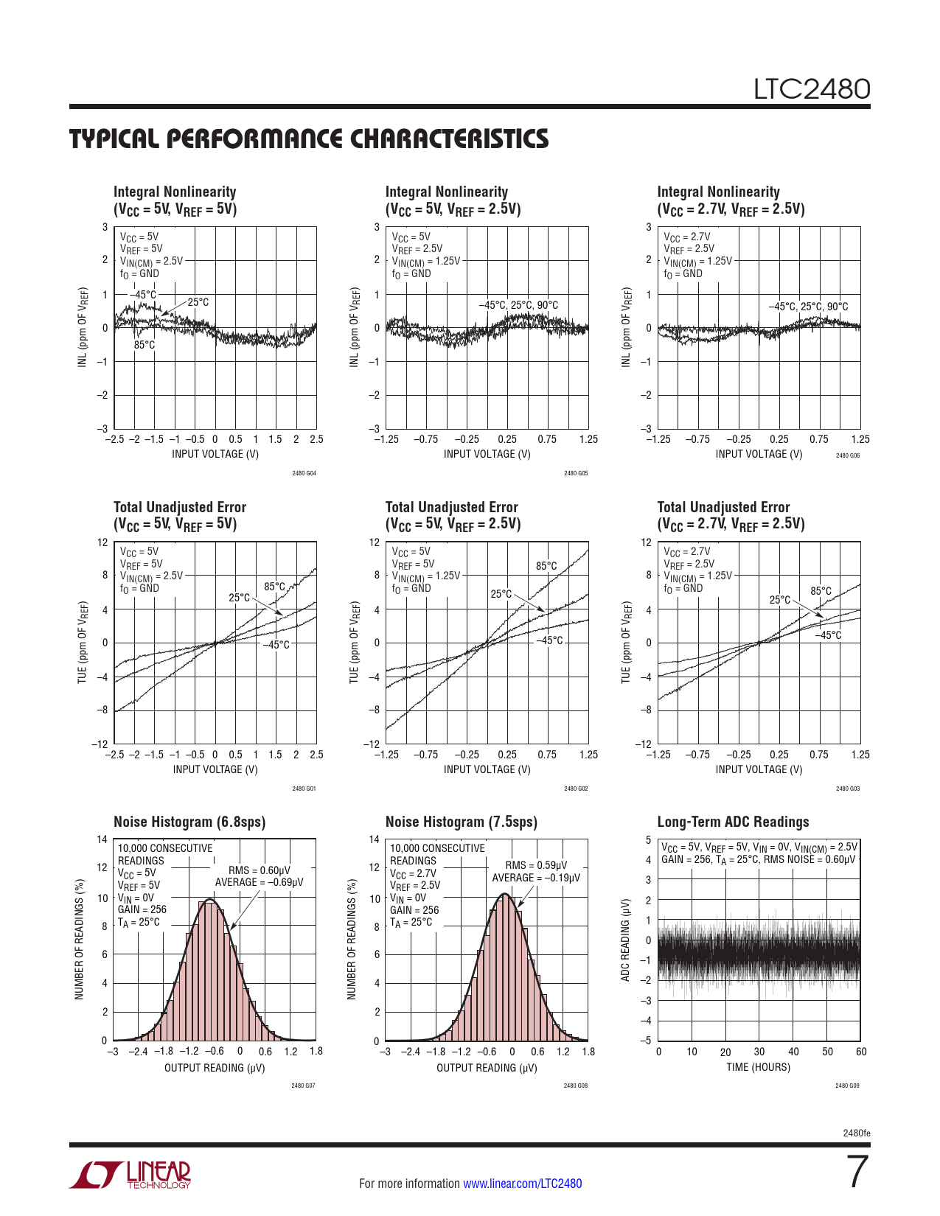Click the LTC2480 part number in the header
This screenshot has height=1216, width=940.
(x=811, y=89)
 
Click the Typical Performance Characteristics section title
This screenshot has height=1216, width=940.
(x=309, y=139)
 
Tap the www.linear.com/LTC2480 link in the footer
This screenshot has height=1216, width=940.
(x=522, y=1184)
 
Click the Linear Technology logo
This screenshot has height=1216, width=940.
(x=130, y=1175)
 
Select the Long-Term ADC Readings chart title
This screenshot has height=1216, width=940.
(x=733, y=822)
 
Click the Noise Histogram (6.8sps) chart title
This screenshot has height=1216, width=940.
(x=189, y=822)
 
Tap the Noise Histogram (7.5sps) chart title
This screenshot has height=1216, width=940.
(x=461, y=822)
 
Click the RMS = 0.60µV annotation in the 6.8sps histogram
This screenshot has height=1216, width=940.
(x=260, y=870)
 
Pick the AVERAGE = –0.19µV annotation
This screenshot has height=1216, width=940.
(x=536, y=878)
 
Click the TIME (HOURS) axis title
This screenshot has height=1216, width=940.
(x=758, y=1067)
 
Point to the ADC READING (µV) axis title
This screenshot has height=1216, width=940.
(x=625, y=940)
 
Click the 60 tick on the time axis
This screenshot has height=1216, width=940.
(x=861, y=1052)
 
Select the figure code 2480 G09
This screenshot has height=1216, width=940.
(x=847, y=1086)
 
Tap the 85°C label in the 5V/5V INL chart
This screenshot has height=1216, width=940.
(x=145, y=345)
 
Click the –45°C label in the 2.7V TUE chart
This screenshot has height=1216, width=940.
(x=828, y=635)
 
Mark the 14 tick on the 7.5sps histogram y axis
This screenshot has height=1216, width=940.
(x=375, y=839)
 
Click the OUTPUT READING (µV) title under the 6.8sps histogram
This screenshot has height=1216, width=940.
(x=215, y=1068)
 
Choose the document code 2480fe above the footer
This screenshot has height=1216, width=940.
(x=856, y=1133)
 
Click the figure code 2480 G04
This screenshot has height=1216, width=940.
(x=304, y=473)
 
